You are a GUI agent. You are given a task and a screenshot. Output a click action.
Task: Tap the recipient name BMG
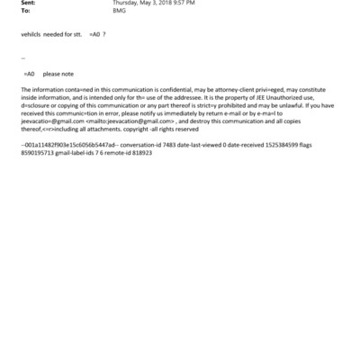coord(118,11)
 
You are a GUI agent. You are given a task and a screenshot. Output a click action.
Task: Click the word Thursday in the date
coord(125,4)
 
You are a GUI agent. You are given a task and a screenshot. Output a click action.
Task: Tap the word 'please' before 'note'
coord(51,73)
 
